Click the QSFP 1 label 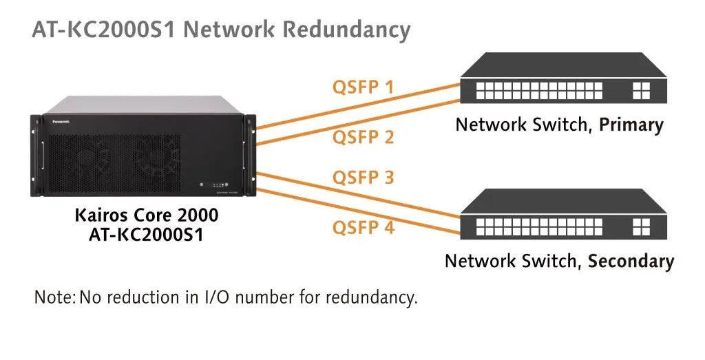click(x=363, y=87)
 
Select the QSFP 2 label click(x=363, y=137)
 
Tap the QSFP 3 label click(x=363, y=178)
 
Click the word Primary click(x=631, y=125)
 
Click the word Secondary click(x=630, y=262)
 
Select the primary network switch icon click(x=563, y=81)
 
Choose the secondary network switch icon click(x=563, y=218)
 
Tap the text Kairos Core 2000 click(x=146, y=215)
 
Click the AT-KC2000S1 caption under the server click(x=146, y=234)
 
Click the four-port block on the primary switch click(x=640, y=90)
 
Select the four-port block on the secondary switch click(x=640, y=226)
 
